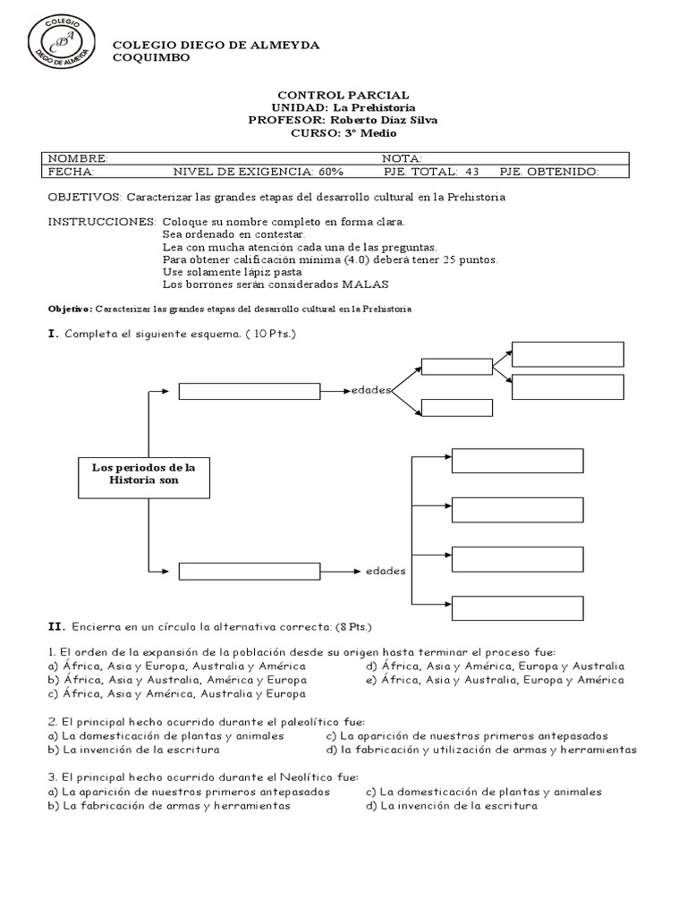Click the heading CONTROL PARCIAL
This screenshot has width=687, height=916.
(343, 95)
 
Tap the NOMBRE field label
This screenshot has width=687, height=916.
(77, 157)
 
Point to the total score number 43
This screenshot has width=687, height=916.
(472, 172)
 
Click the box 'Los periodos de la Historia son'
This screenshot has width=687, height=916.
(144, 474)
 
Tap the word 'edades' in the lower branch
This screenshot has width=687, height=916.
(386, 570)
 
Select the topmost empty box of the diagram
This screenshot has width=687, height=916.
(568, 354)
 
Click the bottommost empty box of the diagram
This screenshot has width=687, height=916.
(517, 606)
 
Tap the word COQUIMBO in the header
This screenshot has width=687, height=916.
(150, 58)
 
